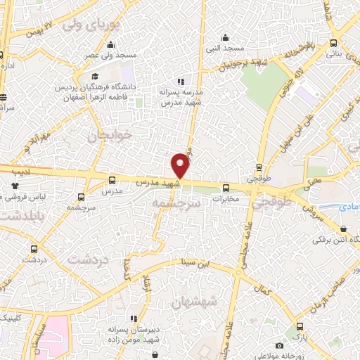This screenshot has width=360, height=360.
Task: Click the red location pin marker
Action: [181, 165]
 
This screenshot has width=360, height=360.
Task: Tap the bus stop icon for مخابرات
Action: [226, 188]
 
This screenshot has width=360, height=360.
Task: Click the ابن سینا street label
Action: [194, 264]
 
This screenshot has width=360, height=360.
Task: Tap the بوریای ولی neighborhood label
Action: [87, 25]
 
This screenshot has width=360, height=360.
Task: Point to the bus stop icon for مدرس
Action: [112, 180]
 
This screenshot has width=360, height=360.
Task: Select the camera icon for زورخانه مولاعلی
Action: [279, 345]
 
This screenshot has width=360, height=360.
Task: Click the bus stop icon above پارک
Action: [300, 326]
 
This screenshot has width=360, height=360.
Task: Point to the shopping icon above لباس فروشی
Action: [15, 186]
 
